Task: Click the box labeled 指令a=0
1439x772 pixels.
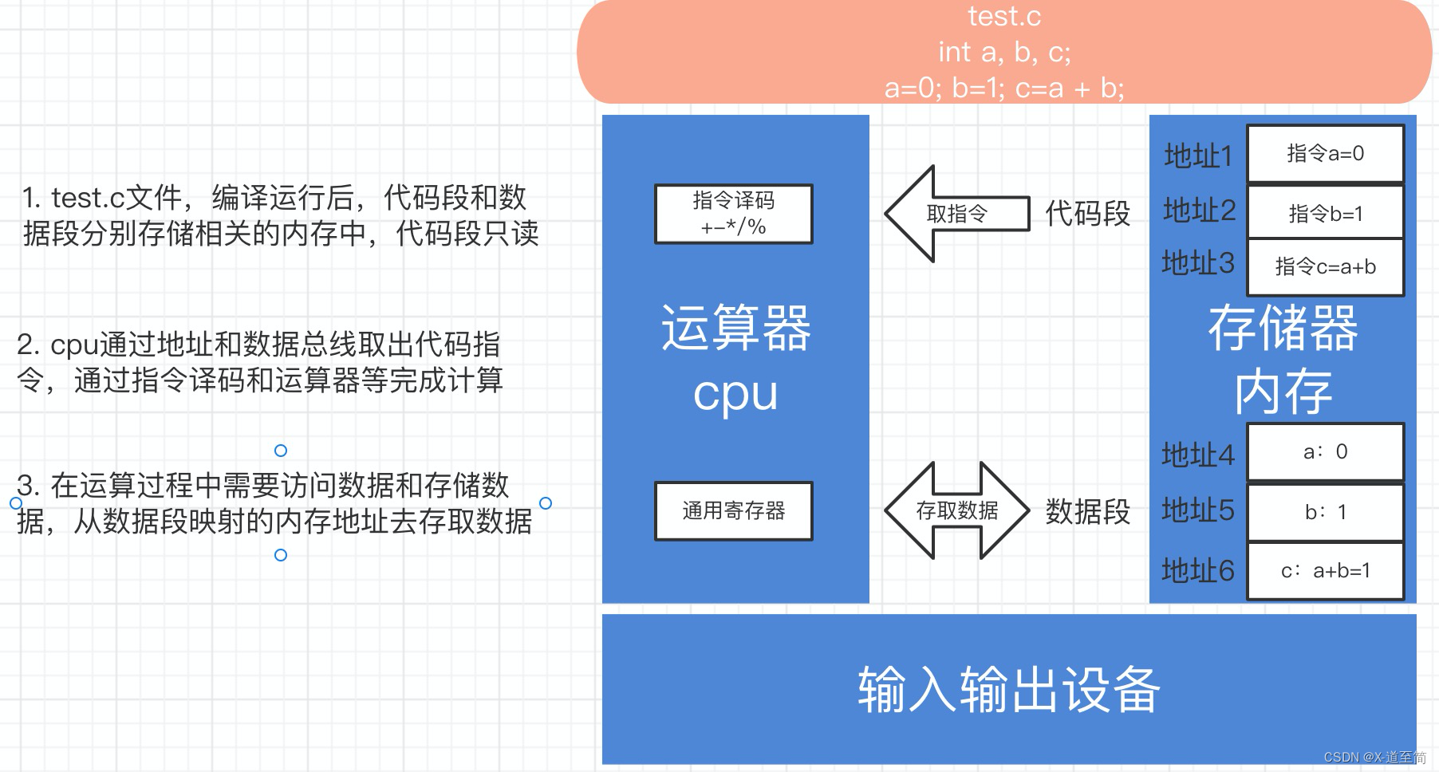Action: [x=1325, y=153]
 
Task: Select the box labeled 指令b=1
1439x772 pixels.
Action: [x=1325, y=213]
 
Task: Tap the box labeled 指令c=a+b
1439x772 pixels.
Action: [x=1325, y=267]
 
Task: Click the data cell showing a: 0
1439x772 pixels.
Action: [x=1325, y=451]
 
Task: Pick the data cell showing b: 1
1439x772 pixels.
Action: [x=1325, y=512]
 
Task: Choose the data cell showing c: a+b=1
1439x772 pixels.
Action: [x=1325, y=571]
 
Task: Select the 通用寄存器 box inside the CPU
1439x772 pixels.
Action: [x=733, y=511]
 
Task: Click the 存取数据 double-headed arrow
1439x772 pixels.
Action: [x=956, y=510]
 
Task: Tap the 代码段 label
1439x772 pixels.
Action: [x=1087, y=214]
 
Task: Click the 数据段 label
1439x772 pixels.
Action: [x=1087, y=511]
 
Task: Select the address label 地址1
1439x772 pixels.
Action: [x=1198, y=156]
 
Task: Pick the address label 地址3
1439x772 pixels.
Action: [x=1198, y=263]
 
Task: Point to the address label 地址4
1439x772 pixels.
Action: [x=1198, y=455]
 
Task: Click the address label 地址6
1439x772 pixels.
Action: [x=1198, y=571]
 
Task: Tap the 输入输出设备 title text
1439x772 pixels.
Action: [x=1008, y=689]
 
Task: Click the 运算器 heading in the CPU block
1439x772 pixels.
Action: [x=735, y=328]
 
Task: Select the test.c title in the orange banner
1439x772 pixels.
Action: [x=1004, y=16]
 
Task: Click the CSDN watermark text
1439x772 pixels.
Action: [x=1374, y=757]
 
